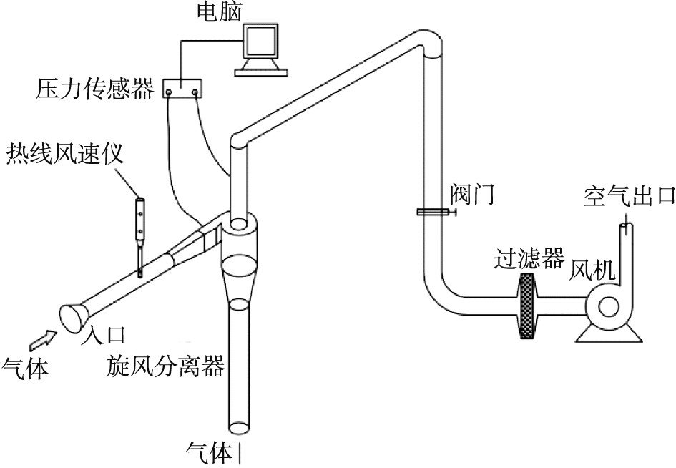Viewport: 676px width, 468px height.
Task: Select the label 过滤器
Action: coord(529,259)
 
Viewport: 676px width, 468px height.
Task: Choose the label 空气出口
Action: coord(629,195)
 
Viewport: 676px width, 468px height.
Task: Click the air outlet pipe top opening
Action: coord(626,228)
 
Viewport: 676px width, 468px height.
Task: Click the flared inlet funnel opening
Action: coord(72,316)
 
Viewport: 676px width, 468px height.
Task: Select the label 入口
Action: coord(106,334)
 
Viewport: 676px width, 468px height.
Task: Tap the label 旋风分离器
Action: coord(165,366)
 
